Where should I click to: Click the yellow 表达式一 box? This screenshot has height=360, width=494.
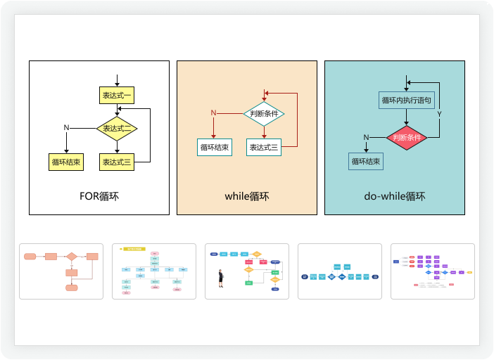[x=116, y=95]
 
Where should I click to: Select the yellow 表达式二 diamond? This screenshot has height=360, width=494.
[x=117, y=129]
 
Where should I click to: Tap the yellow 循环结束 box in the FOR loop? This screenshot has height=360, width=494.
[x=66, y=162]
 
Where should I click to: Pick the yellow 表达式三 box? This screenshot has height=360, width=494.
[x=117, y=162]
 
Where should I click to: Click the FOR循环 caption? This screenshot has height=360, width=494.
[x=99, y=196]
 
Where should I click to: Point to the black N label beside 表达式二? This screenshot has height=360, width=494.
[x=66, y=127]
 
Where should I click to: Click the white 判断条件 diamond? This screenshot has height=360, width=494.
[x=264, y=113]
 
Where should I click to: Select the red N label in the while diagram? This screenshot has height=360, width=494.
[x=213, y=113]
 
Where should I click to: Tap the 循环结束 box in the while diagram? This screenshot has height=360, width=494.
[x=214, y=148]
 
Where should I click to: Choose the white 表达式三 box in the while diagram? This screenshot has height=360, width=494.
[x=264, y=148]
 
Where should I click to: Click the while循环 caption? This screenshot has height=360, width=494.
[x=246, y=196]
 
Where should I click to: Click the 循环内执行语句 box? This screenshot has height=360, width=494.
[x=407, y=101]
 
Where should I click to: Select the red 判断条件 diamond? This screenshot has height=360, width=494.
[x=407, y=137]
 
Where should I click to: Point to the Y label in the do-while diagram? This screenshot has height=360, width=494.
[x=439, y=114]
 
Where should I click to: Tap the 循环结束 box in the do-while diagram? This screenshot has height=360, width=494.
[x=366, y=162]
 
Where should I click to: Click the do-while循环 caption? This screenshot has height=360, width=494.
[x=395, y=196]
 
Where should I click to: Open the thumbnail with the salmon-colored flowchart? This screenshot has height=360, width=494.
[x=61, y=271]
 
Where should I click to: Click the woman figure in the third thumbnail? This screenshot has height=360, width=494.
[x=220, y=278]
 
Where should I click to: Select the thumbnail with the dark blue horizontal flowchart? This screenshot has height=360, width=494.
[x=340, y=271]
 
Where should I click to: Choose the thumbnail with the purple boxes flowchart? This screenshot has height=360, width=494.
[x=433, y=271]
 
